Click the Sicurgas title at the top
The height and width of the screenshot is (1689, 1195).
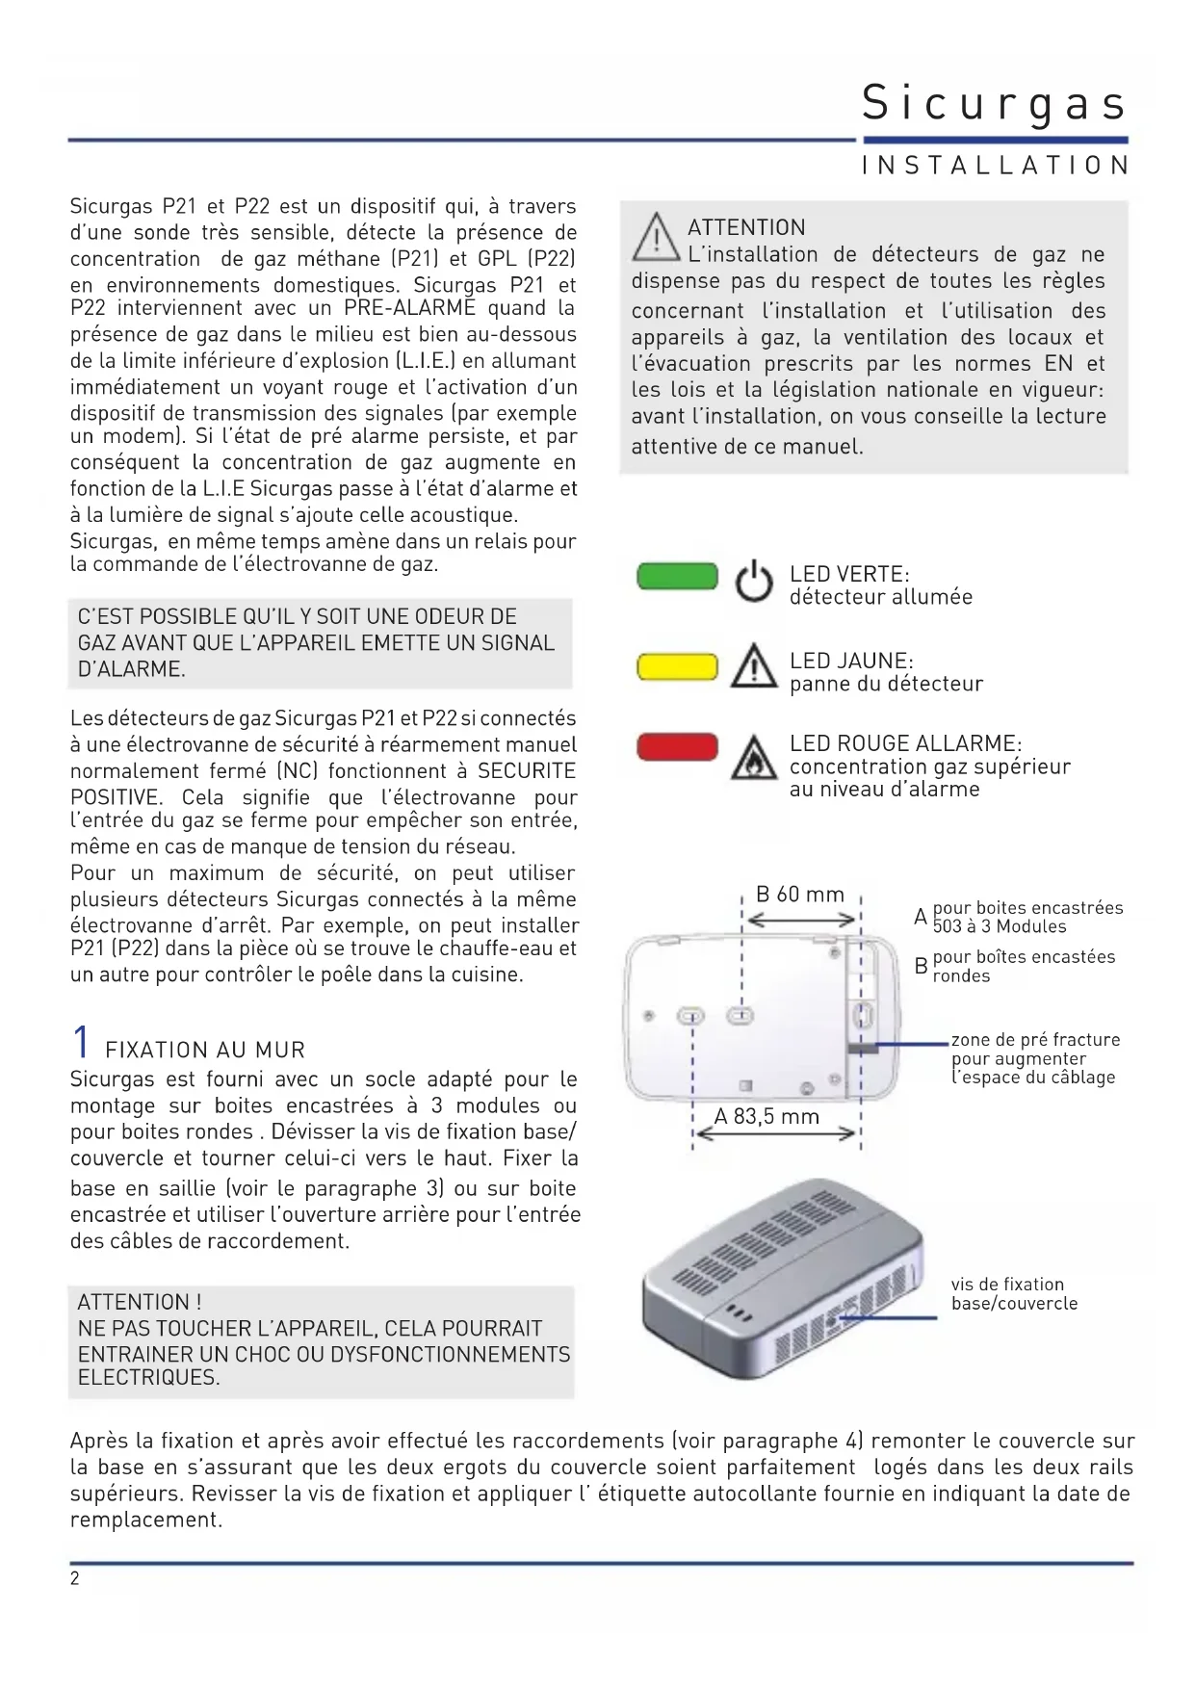tap(994, 103)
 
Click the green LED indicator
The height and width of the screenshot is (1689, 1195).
tap(678, 577)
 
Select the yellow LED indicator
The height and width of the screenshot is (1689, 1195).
tap(678, 666)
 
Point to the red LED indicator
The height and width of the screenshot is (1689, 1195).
tap(678, 747)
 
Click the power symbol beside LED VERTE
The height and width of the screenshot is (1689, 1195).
tap(754, 582)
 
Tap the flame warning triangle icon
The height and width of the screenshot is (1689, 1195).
tap(754, 758)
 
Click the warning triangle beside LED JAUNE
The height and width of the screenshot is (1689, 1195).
tap(754, 667)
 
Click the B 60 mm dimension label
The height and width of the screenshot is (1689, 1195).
tap(799, 895)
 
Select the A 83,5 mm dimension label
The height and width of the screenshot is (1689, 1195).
tap(766, 1117)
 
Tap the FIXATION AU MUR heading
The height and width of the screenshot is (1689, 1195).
tap(205, 1050)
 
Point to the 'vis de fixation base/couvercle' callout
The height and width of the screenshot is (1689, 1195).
tap(1014, 1293)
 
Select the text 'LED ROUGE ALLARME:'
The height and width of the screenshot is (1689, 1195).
tap(905, 743)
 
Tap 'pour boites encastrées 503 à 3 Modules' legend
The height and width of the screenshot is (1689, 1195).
tap(1027, 917)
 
